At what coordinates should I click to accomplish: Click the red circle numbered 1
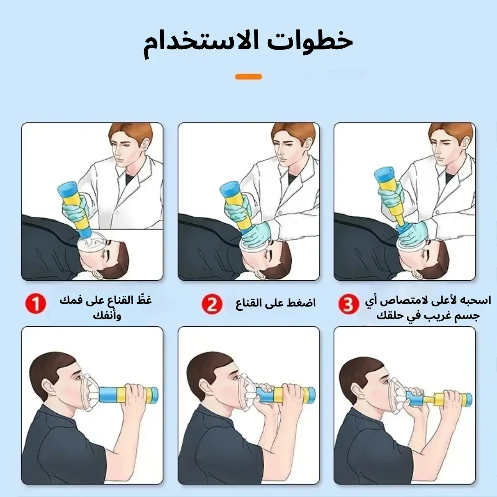point(35,303)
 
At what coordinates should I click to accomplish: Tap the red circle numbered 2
point(212,303)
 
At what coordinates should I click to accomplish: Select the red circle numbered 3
point(349,304)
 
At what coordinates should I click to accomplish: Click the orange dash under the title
point(248,77)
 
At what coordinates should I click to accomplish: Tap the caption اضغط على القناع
point(276,303)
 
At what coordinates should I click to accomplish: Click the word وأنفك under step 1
point(107,315)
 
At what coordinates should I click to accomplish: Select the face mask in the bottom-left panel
point(89,392)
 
